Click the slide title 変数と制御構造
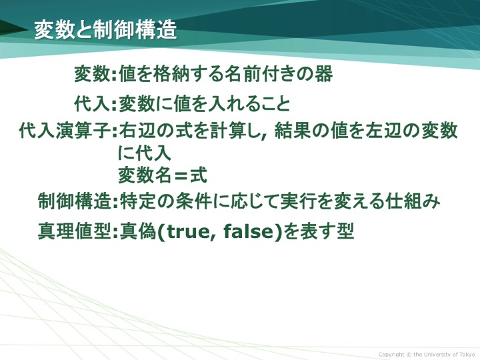[x=105, y=30]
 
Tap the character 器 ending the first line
[x=323, y=74]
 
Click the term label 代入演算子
[x=65, y=131]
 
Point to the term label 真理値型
[x=74, y=231]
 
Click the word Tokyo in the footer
[x=467, y=355]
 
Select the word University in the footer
[x=438, y=355]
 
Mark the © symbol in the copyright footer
[x=409, y=355]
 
